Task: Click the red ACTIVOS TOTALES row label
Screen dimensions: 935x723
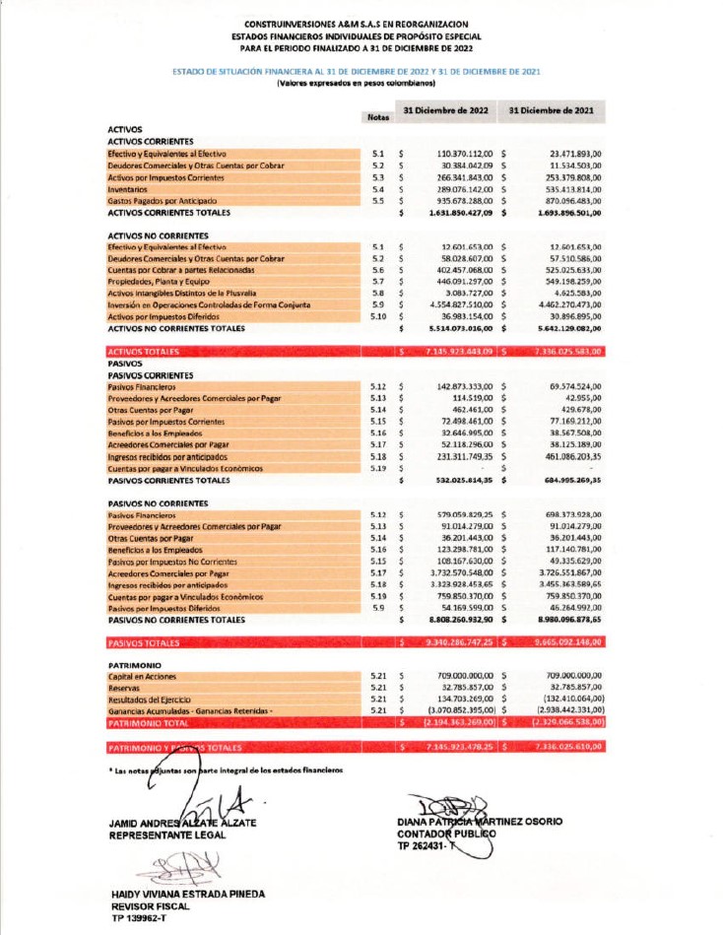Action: [142, 351]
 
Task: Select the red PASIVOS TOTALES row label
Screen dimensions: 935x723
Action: [142, 643]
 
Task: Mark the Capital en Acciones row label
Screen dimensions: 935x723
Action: [144, 676]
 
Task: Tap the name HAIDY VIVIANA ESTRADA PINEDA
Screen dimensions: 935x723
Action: [186, 894]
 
